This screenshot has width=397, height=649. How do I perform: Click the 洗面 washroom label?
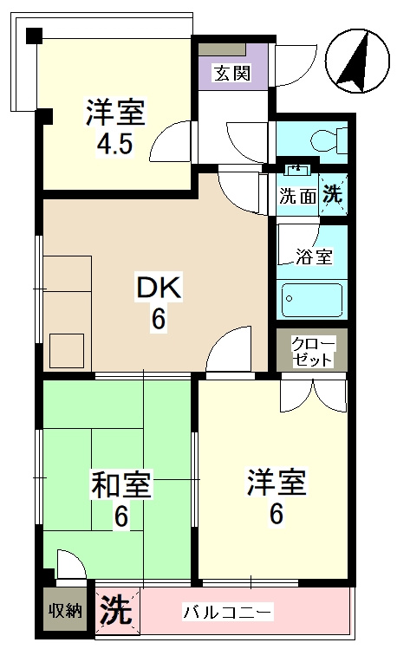pyautogui.click(x=296, y=195)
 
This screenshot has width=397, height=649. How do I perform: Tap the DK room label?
pyautogui.click(x=157, y=289)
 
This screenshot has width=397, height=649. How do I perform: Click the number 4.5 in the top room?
pyautogui.click(x=114, y=144)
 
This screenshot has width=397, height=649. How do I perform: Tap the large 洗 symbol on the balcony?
pyautogui.click(x=115, y=610)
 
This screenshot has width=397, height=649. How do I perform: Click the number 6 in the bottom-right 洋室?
pyautogui.click(x=276, y=513)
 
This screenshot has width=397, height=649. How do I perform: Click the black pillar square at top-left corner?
pyautogui.click(x=34, y=36)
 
